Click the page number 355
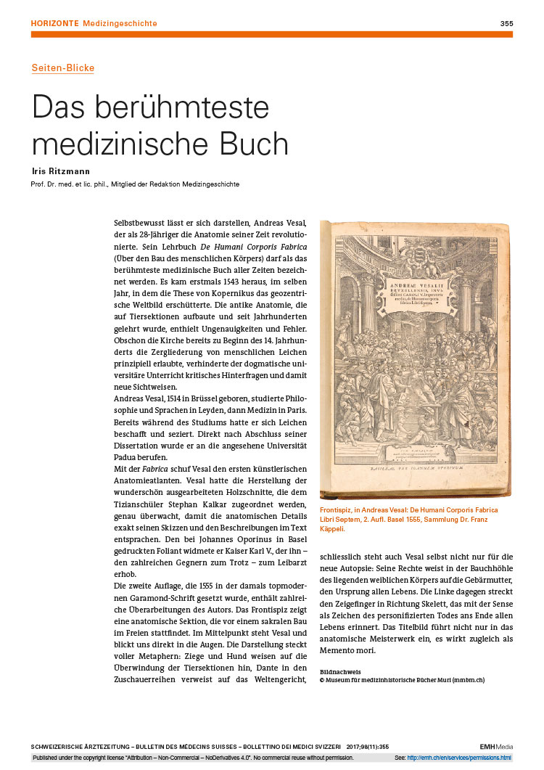click(506, 24)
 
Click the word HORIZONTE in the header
click(55, 24)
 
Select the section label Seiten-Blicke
click(62, 68)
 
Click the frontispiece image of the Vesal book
click(416, 359)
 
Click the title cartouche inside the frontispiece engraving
click(416, 271)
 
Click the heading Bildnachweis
click(340, 671)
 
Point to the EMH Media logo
click(496, 747)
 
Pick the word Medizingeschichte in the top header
click(120, 24)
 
